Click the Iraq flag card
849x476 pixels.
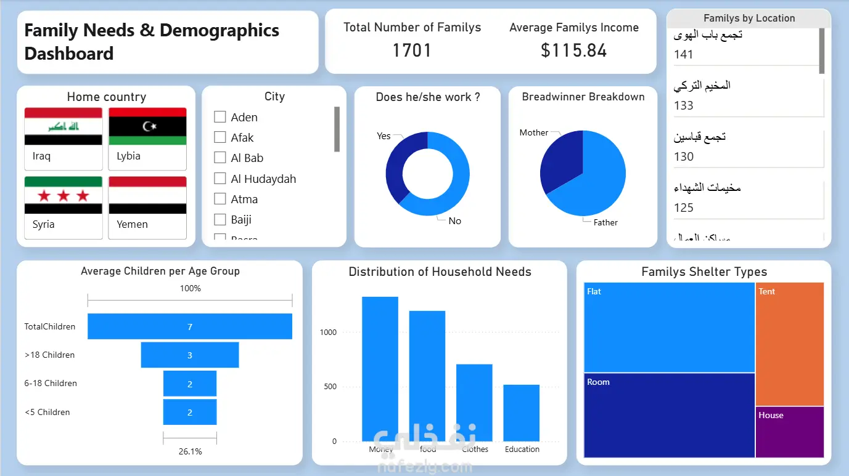coord(63,139)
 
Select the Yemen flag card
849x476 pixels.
coord(147,208)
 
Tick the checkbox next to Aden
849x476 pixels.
coord(219,117)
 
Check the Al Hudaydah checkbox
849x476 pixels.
coord(219,179)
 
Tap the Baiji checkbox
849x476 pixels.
coord(219,219)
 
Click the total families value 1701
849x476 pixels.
coord(412,50)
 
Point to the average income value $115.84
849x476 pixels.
coord(573,50)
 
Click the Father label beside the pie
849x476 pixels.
coord(605,222)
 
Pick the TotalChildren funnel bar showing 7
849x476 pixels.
coord(189,326)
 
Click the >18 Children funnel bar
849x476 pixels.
coord(189,355)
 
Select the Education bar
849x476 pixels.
coord(522,413)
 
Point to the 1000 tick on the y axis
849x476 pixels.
coord(328,333)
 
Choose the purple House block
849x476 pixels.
coord(790,432)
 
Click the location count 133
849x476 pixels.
coord(684,105)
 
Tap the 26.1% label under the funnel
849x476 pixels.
coord(190,451)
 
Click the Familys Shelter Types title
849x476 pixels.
coord(704,272)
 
